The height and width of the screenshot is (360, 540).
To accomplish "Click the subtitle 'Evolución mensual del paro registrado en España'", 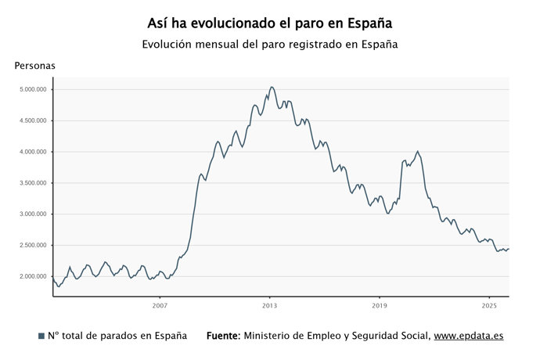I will [x=270, y=45].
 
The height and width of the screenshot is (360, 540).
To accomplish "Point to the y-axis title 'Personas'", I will [x=35, y=66].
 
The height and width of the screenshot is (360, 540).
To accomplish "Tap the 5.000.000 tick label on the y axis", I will [x=32, y=89].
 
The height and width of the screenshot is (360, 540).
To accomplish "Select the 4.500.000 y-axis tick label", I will [x=32, y=121].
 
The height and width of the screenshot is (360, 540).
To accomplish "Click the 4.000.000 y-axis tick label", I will [x=32, y=152].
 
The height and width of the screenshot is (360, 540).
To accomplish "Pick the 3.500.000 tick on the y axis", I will [x=32, y=183].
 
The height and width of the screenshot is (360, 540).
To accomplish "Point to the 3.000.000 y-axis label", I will [x=32, y=214].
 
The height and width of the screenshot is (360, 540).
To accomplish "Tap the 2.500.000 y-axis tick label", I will [x=32, y=246].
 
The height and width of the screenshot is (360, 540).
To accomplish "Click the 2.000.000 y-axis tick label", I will [x=32, y=277].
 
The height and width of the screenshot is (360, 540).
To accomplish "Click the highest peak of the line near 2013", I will [x=272, y=87].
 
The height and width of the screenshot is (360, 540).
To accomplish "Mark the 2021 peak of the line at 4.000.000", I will [x=418, y=151].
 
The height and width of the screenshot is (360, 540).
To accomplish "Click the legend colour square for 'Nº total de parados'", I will [x=41, y=336].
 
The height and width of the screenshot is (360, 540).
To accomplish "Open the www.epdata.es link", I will [x=469, y=336].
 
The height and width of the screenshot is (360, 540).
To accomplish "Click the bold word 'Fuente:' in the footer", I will [x=223, y=336].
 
